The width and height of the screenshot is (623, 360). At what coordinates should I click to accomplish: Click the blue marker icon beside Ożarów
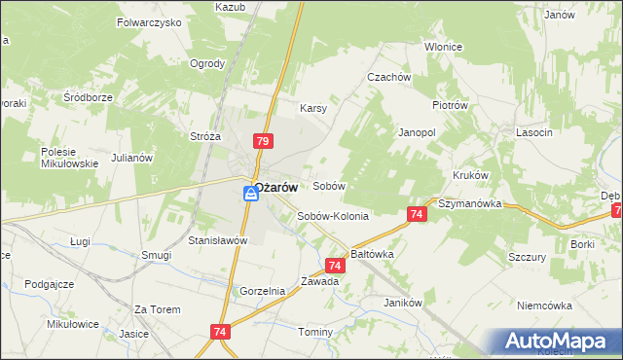click(x=251, y=194)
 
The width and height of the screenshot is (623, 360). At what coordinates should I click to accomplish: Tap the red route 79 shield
click(x=262, y=141)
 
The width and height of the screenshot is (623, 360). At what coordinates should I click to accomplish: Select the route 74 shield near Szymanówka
click(x=416, y=213)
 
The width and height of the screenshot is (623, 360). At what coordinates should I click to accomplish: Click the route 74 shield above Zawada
click(x=335, y=265)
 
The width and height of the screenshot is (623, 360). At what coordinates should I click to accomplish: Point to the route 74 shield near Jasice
click(x=217, y=333)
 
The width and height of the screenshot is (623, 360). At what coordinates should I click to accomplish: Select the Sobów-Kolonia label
click(x=333, y=217)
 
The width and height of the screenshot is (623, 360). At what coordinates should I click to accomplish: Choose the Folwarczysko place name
click(x=149, y=20)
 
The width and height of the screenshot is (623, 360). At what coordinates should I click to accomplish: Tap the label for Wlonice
click(x=443, y=47)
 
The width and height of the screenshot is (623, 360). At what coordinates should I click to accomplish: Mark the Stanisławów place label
click(x=219, y=239)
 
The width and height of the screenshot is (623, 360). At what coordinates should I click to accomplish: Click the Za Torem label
click(x=158, y=309)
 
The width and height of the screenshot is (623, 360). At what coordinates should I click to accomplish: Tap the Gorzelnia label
click(x=262, y=291)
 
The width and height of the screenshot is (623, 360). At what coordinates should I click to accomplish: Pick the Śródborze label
click(x=89, y=97)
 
